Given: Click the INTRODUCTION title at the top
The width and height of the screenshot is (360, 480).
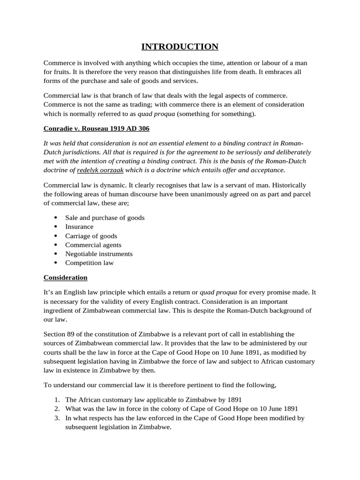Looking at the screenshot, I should tap(180, 46).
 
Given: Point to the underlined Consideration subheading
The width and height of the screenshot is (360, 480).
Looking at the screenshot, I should tap(65, 277).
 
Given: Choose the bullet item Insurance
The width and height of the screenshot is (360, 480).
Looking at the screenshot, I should tap(79, 226).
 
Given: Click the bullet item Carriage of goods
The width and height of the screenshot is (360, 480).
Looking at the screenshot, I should tap(91, 236).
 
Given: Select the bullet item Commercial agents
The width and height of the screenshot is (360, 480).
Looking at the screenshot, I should tap(93, 245).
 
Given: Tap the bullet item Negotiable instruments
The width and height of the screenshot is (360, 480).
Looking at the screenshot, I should tap(98, 254).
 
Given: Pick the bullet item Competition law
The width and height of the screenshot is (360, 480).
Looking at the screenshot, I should tap(89, 263).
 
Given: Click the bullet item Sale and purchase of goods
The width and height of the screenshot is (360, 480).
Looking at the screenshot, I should tap(105, 217).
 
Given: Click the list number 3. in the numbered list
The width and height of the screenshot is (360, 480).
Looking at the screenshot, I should tap(56, 418).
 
